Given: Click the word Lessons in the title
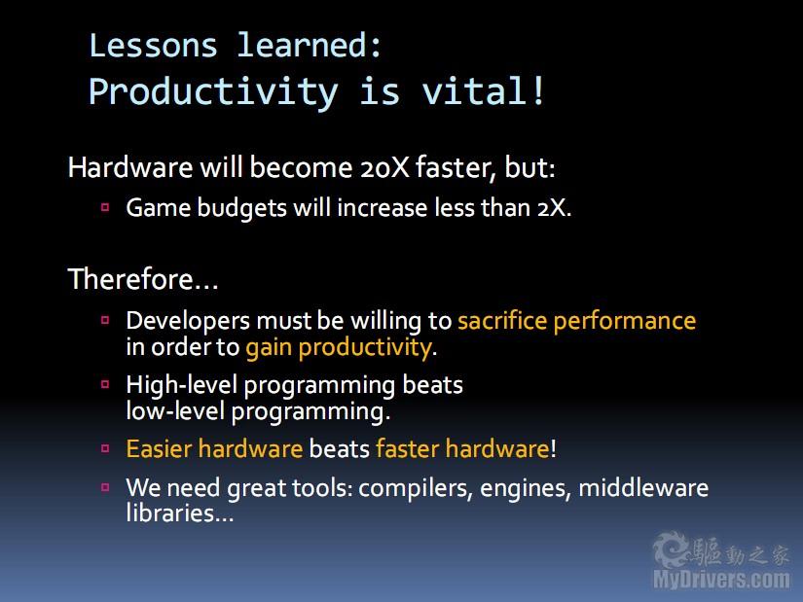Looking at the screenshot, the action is pos(153,46).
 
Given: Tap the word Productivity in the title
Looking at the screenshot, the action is pos(213,92).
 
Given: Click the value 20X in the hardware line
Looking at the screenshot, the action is pos(384,167).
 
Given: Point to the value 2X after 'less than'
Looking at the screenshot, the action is pos(554,208).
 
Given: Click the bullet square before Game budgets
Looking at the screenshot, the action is pos(105,207).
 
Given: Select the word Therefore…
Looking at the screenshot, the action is pos(143,279).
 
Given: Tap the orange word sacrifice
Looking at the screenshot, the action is pos(502,321).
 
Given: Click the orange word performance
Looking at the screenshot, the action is pos(625,322).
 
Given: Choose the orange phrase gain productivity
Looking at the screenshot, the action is pos(340,348).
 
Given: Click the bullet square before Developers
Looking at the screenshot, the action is pos(105,321).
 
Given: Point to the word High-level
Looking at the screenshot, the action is pos(182,385).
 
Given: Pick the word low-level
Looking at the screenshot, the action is pos(175,411).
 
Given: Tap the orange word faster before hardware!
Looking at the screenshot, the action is pos(408,449).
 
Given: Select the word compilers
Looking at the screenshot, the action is pos(416,488).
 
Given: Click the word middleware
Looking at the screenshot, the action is pos(643,487).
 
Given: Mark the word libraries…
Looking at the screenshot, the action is pos(180,513).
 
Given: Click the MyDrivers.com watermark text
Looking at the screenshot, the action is pos(721,579).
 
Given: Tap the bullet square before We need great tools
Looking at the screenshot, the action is pos(105,487).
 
